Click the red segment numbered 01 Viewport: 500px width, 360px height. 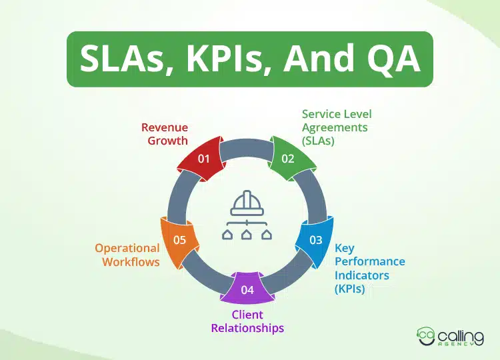point(203,157)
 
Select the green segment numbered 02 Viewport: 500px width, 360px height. point(288,157)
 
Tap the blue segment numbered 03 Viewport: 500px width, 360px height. point(315,239)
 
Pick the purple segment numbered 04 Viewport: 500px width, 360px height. point(247,289)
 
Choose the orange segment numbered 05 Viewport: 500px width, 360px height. point(179,239)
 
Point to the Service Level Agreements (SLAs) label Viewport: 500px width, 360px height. point(335,127)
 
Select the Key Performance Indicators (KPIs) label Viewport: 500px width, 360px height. point(369,268)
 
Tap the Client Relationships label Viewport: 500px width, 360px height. point(247,321)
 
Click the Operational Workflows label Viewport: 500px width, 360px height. point(127,255)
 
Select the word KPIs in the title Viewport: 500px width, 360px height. point(233,59)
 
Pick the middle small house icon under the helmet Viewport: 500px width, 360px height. point(247,234)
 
